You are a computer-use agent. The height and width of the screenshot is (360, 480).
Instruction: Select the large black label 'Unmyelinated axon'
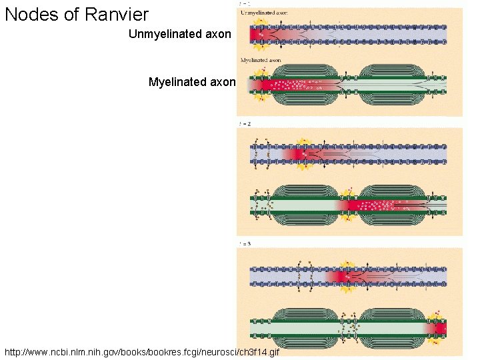pyautogui.click(x=180, y=33)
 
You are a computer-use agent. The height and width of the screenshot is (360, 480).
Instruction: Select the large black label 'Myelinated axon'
pyautogui.click(x=192, y=82)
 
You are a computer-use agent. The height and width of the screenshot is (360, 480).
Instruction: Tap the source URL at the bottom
pyautogui.click(x=142, y=351)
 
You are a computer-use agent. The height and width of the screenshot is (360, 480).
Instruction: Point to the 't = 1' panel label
pyautogui.click(x=245, y=5)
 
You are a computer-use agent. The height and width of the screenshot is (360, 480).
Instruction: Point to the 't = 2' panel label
pyautogui.click(x=245, y=124)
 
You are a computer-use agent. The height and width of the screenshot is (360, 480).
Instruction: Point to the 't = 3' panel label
pyautogui.click(x=245, y=244)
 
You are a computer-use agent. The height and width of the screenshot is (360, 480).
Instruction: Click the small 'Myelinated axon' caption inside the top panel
pyautogui.click(x=261, y=60)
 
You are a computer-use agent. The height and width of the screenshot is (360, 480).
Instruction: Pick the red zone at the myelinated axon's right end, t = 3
pyautogui.click(x=441, y=327)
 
